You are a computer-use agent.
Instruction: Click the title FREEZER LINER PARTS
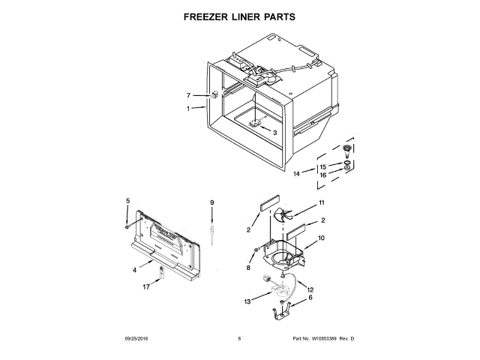(239, 16)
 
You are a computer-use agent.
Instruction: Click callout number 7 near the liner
(189, 95)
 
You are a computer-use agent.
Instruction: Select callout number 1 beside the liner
(189, 109)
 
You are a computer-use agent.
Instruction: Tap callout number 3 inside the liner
(274, 133)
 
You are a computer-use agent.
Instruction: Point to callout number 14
(297, 174)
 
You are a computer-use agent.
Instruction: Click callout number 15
(323, 166)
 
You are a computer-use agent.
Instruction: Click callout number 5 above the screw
(127, 200)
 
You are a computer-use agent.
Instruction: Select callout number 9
(212, 202)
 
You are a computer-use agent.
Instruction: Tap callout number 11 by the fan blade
(321, 203)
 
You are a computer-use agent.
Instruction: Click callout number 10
(321, 238)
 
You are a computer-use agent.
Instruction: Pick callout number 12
(310, 289)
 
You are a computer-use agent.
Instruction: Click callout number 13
(248, 302)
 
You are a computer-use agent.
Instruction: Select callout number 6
(310, 298)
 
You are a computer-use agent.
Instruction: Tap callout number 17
(147, 286)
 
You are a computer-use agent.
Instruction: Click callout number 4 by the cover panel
(135, 269)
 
